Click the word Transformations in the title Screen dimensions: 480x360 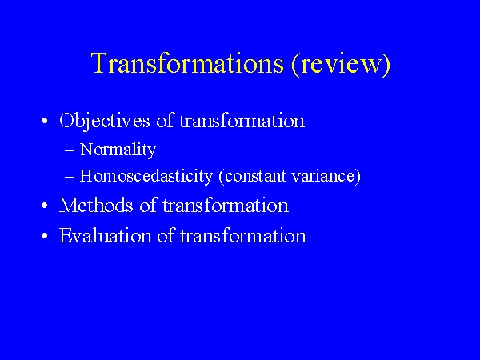click(x=187, y=62)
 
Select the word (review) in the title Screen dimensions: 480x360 click(x=342, y=64)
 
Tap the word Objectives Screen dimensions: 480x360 click(x=105, y=122)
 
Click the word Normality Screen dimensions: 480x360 click(x=118, y=150)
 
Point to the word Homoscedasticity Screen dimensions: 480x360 click(x=146, y=176)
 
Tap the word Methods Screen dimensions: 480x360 click(x=96, y=205)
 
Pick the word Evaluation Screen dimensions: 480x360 click(x=106, y=236)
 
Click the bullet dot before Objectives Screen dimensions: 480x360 click(x=45, y=121)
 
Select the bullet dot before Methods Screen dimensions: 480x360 click(x=45, y=206)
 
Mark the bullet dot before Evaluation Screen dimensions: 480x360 click(x=45, y=236)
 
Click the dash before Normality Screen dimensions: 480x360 click(x=70, y=150)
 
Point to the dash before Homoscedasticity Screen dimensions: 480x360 click(x=70, y=177)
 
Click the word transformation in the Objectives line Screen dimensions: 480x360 click(x=242, y=121)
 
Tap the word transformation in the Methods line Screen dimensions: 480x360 click(x=226, y=205)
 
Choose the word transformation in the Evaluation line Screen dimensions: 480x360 click(x=243, y=236)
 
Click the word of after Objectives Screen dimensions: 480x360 click(x=166, y=120)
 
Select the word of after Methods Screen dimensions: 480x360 click(x=149, y=205)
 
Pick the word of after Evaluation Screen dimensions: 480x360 click(x=166, y=235)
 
